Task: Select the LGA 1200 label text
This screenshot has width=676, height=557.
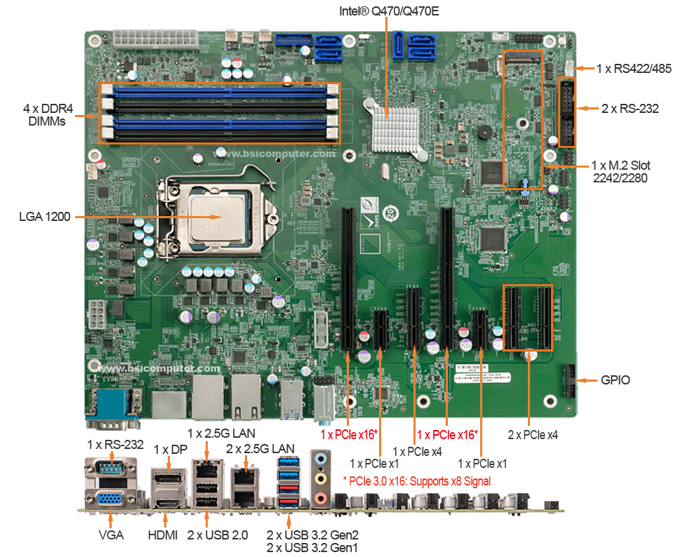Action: click(44, 217)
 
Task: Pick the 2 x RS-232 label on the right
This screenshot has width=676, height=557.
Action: click(630, 109)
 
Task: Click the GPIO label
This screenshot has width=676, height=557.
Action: click(615, 380)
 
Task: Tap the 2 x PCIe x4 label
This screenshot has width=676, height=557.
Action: click(533, 435)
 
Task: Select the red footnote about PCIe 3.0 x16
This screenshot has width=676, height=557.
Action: click(416, 481)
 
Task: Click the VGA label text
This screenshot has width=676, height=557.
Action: click(111, 535)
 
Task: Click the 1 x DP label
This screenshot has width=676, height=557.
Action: click(169, 448)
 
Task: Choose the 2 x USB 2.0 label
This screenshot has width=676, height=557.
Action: click(218, 535)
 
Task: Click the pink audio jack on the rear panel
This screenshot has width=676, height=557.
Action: click(321, 499)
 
